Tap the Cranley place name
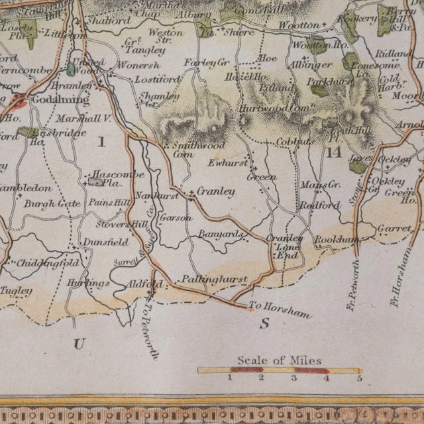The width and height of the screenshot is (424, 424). pyautogui.click(x=217, y=191)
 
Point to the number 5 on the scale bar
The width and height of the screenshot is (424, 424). pyautogui.click(x=359, y=378)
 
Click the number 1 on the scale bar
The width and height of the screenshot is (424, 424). pyautogui.click(x=229, y=378)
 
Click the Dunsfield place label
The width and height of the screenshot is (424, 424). pyautogui.click(x=106, y=243)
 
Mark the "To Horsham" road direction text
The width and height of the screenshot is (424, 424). pyautogui.click(x=280, y=310)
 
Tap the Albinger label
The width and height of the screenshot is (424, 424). pyautogui.click(x=311, y=65)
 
